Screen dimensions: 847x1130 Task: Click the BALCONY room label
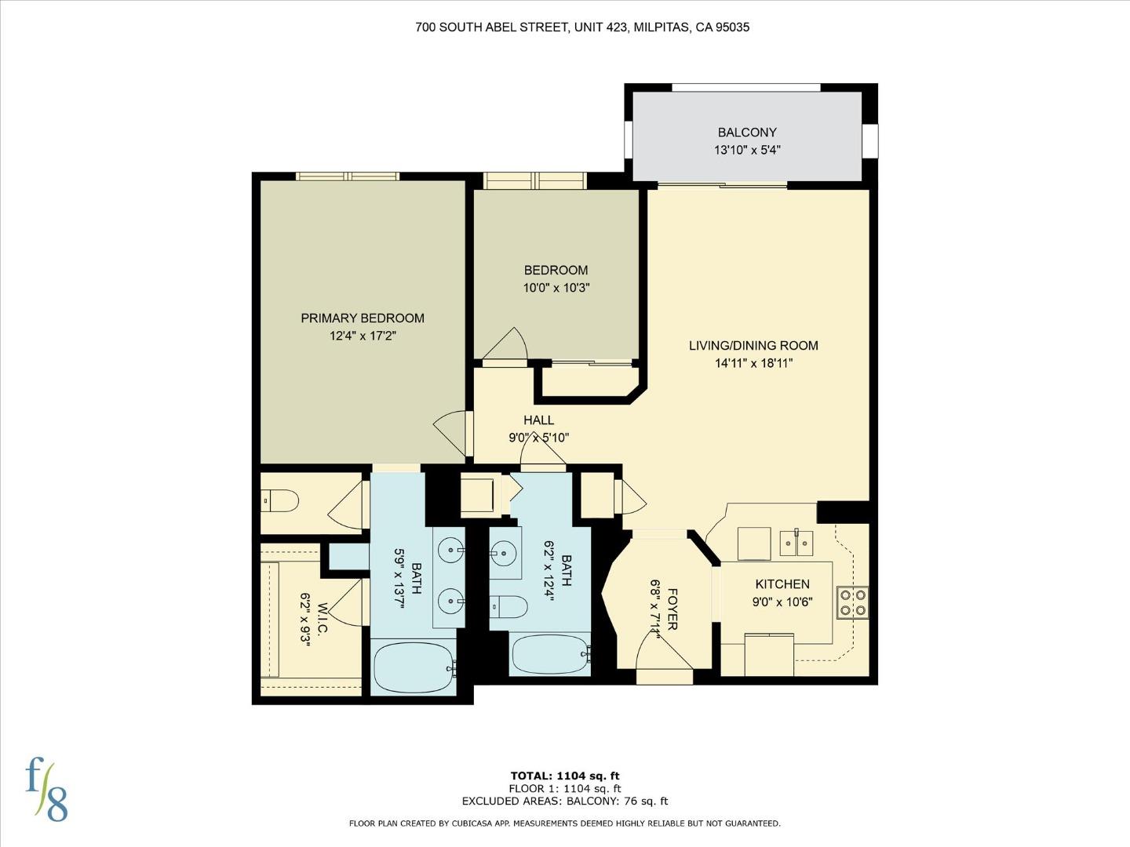point(747,133)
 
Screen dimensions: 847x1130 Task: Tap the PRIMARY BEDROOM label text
point(363,318)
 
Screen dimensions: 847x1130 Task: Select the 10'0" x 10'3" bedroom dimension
point(556,288)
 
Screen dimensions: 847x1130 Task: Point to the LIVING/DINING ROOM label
point(753,345)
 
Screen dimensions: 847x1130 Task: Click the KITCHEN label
point(782,584)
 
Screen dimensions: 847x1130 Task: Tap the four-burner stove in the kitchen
point(852,601)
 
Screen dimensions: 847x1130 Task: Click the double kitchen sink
point(796,542)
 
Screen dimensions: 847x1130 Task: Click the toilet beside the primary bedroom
point(281,500)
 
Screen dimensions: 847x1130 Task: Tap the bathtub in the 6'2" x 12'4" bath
point(549,654)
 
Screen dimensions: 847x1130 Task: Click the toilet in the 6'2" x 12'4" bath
point(508,607)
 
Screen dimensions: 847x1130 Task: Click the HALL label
point(539,420)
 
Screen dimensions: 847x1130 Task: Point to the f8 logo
point(46,788)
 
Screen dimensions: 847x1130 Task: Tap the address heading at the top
point(582,27)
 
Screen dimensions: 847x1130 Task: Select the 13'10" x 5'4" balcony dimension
point(747,150)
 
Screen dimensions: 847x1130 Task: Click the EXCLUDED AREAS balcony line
point(565,801)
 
